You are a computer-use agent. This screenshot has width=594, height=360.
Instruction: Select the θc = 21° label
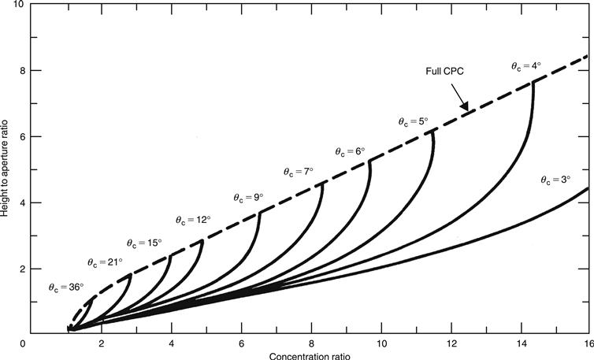click(x=104, y=262)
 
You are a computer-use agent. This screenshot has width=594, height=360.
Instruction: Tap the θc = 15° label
click(x=145, y=242)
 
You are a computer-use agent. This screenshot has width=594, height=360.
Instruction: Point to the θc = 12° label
click(x=193, y=220)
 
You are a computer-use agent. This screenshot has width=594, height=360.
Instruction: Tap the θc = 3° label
click(x=555, y=180)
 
